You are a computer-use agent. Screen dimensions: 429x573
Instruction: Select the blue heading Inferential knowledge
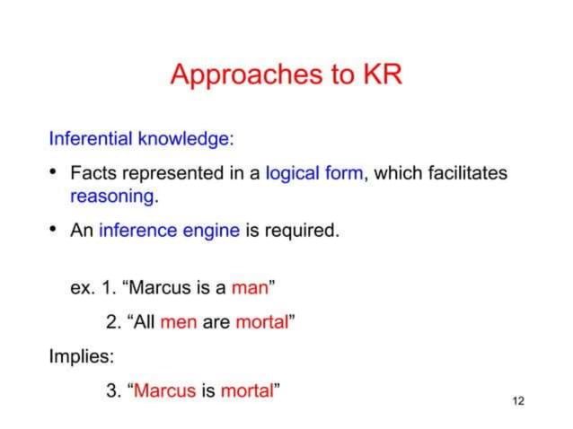pos(140,139)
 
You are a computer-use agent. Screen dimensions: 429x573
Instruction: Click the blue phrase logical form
pos(315,172)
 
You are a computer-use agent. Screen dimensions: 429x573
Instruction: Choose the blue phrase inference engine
pos(169,230)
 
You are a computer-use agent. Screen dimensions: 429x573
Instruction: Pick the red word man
pos(250,288)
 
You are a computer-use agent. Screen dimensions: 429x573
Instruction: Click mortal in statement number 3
pos(247,390)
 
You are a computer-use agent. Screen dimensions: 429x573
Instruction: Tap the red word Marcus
pos(164,390)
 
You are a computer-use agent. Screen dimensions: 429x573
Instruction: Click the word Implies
pos(82,356)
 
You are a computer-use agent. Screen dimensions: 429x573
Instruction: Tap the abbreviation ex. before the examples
pos(82,288)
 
